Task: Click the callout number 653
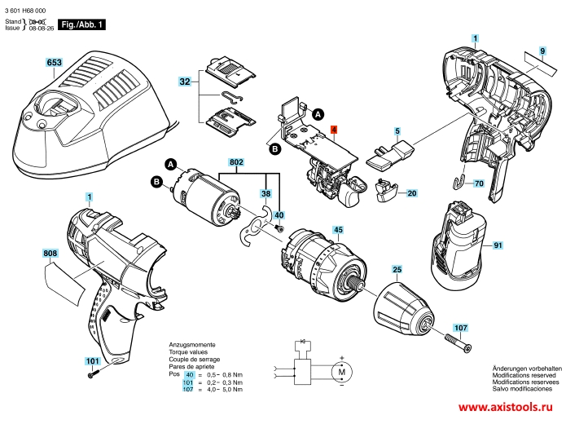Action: click(x=55, y=62)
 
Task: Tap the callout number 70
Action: click(x=478, y=183)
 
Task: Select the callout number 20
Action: click(x=411, y=193)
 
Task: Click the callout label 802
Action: click(x=237, y=163)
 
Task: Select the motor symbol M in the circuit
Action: click(x=341, y=371)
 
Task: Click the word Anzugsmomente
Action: click(x=192, y=345)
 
